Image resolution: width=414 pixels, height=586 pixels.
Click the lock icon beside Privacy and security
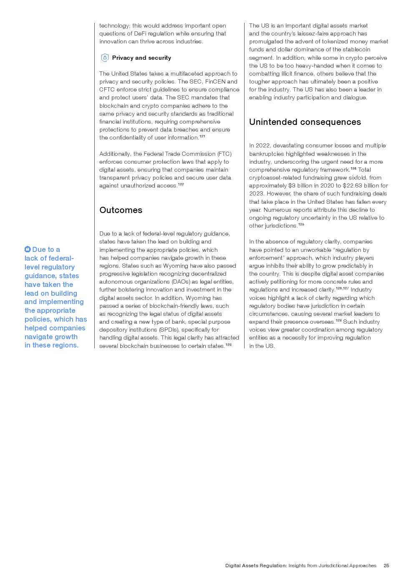pyautogui.click(x=105, y=58)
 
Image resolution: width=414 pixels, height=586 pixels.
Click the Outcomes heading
pyautogui.click(x=121, y=210)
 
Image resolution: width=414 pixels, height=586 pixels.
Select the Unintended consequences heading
pyautogui.click(x=305, y=122)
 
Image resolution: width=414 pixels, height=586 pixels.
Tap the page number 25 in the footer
pyautogui.click(x=386, y=566)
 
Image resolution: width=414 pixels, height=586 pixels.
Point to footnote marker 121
pyautogui.click(x=202, y=136)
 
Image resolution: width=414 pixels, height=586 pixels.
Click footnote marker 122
pyautogui.click(x=181, y=184)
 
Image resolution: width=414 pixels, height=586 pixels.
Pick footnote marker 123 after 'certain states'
pyautogui.click(x=228, y=345)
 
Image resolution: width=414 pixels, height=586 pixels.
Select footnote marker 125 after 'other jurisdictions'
pyautogui.click(x=301, y=224)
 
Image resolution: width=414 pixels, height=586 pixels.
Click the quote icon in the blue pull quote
pyautogui.click(x=28, y=249)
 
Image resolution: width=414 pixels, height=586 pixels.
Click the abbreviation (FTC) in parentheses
pyautogui.click(x=224, y=154)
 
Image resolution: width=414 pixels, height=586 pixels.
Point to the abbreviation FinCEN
pyautogui.click(x=215, y=81)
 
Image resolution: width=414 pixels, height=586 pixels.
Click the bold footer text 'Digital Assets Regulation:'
pyautogui.click(x=256, y=566)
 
